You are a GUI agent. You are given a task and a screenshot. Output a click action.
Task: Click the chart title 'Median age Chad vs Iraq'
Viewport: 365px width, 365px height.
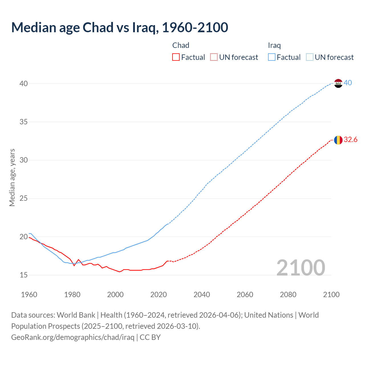119,27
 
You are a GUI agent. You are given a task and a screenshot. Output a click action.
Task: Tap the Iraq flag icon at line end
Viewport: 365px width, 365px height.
338,83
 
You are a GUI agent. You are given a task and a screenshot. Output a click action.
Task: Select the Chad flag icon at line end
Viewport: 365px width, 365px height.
338,140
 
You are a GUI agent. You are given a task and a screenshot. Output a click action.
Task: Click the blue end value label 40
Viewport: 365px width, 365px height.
348,83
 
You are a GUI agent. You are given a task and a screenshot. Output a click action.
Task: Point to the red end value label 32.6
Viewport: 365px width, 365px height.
350,139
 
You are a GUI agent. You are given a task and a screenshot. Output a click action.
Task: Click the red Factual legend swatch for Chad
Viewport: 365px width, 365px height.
176,57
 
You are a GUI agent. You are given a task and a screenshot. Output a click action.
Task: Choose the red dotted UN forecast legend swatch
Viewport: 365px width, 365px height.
214,57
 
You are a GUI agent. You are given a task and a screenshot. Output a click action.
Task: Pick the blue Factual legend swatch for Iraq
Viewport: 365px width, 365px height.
271,57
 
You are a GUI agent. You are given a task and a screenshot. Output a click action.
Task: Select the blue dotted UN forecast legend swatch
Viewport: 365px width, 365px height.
309,57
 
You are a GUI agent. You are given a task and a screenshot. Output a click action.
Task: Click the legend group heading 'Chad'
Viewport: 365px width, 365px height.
181,45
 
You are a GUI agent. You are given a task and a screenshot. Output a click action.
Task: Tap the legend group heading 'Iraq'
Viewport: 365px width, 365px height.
274,45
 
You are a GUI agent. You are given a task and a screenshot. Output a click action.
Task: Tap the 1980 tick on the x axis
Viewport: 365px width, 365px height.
72,295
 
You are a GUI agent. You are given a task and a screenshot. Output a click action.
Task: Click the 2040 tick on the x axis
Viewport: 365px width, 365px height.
202,295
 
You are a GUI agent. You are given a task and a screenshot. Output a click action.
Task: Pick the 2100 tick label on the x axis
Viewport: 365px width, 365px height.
331,295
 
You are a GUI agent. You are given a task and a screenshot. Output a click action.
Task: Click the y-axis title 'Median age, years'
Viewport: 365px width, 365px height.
12,177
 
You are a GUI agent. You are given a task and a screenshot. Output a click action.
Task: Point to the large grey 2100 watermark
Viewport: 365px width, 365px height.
301,267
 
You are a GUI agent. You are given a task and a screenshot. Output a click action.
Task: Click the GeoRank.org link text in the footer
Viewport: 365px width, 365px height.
73,337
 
